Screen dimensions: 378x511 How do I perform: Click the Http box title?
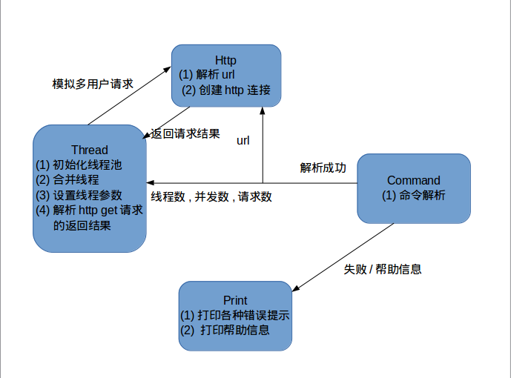point(225,59)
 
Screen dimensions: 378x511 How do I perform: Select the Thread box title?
point(89,150)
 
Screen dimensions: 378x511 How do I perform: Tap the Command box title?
point(413,180)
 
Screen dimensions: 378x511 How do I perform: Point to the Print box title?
point(234,300)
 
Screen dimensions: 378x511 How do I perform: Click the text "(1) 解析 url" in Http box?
point(208,74)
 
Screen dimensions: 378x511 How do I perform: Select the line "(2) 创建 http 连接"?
point(226,90)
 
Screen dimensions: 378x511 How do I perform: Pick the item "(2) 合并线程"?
point(67,179)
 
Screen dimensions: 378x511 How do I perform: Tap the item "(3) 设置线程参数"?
point(79,195)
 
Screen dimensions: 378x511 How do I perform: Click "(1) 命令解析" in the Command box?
point(414,196)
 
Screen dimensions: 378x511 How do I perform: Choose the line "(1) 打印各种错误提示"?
point(235,315)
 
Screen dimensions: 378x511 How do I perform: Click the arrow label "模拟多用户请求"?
point(93,84)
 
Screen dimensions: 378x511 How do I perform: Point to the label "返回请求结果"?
point(185,134)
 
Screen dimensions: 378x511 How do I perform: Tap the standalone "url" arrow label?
point(243,140)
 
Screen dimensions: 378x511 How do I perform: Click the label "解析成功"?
point(323,168)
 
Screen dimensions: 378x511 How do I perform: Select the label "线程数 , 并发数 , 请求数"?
point(211,196)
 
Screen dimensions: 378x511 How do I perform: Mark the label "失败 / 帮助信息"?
point(383,269)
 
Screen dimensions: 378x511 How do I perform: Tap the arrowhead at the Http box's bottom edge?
point(263,110)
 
